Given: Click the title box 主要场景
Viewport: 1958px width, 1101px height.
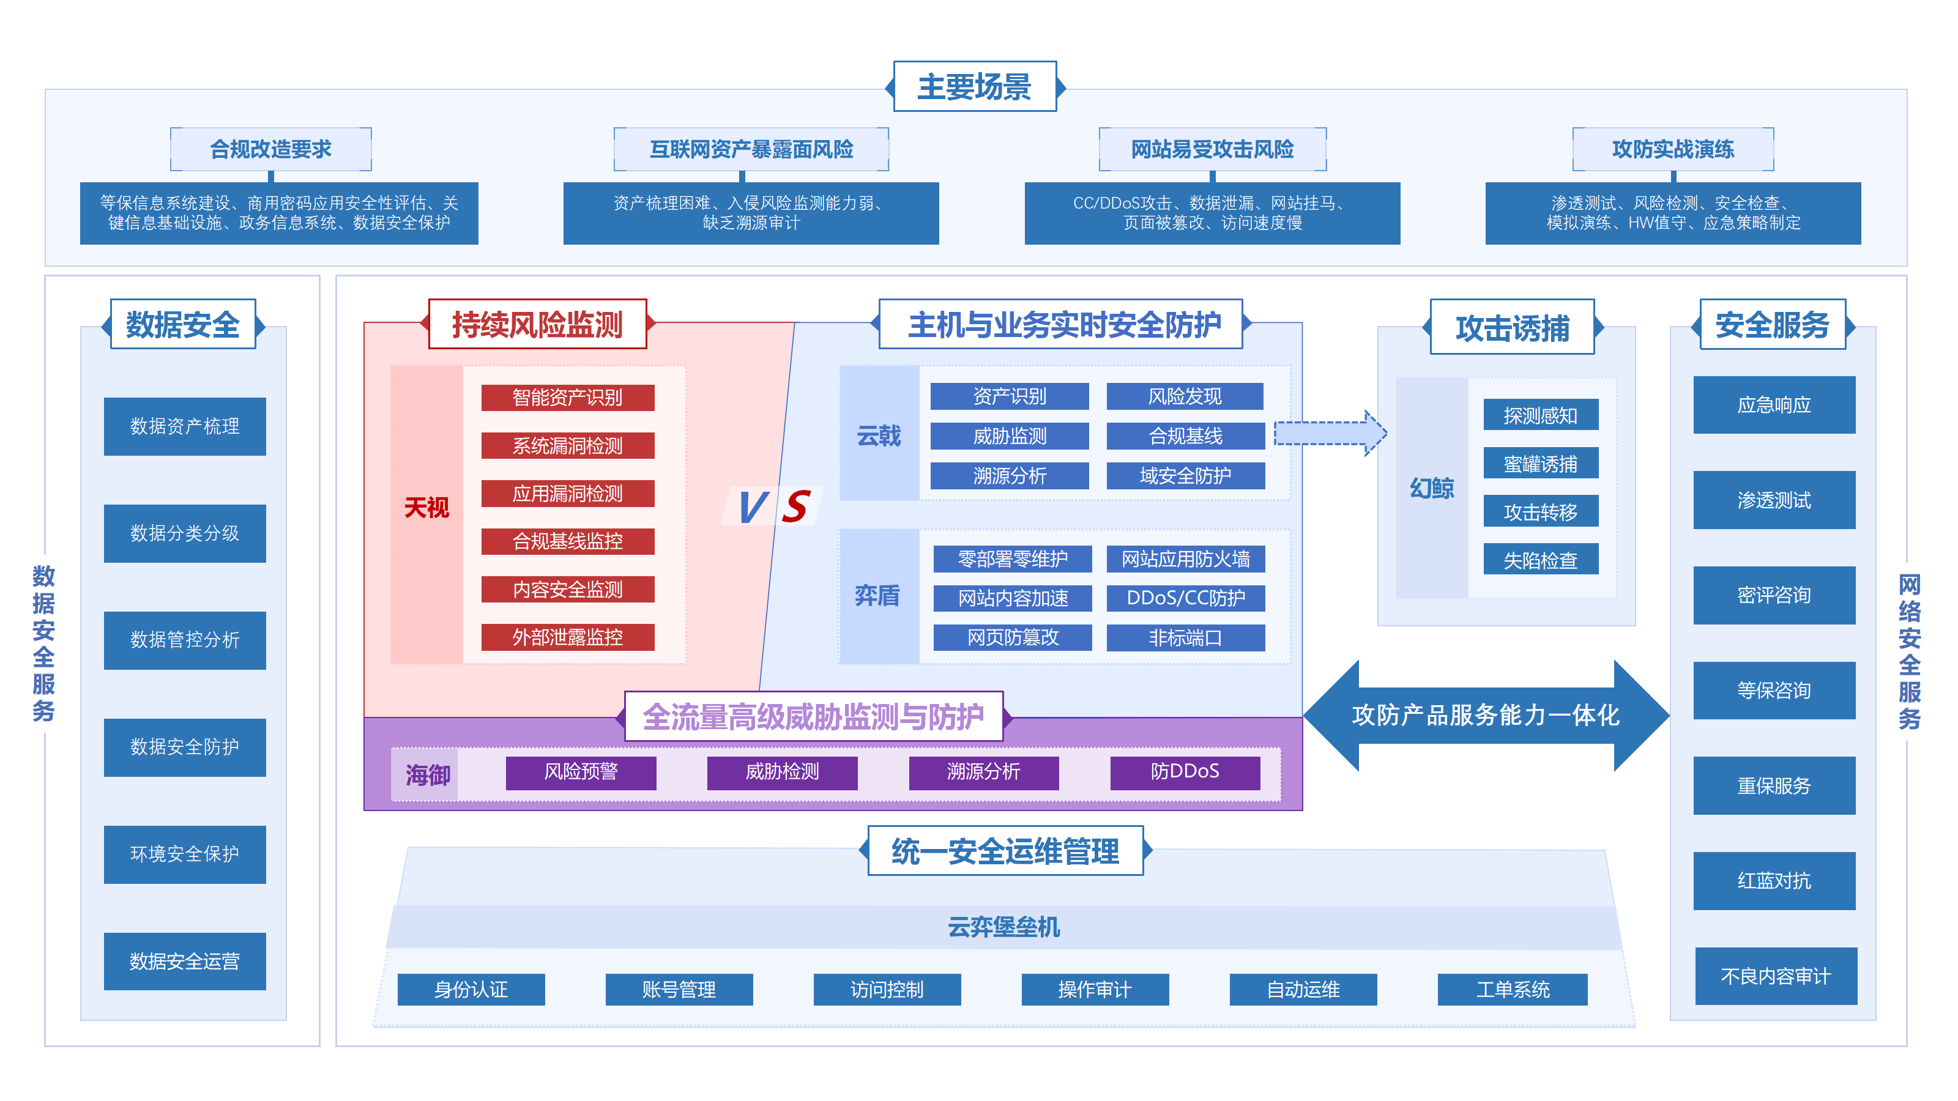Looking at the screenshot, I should point(975,87).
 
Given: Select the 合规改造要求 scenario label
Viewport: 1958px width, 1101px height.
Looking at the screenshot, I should point(270,149).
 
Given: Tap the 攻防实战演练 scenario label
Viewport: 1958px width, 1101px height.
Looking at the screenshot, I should point(1672,149).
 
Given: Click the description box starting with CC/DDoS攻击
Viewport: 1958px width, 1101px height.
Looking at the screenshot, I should point(1212,213).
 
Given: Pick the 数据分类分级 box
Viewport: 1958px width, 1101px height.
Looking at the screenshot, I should point(185,533).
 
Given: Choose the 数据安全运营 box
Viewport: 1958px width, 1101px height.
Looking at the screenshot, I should point(185,961).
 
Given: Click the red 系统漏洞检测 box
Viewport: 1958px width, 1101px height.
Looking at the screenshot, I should point(567,445).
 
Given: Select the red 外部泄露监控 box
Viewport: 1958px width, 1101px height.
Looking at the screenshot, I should point(567,637).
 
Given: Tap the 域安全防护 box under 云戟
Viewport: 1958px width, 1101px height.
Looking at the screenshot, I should point(1185,476).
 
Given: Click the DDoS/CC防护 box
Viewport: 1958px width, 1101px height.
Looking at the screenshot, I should point(1185,598).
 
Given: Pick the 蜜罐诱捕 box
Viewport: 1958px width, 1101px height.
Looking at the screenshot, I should point(1540,464).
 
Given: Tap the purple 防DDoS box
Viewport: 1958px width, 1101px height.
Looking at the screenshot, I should point(1184,772).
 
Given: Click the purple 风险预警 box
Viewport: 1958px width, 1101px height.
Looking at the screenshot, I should point(581,772).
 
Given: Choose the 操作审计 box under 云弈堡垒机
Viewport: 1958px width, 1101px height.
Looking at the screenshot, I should point(1095,989).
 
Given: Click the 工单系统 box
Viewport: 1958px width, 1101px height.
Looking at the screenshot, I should point(1512,989).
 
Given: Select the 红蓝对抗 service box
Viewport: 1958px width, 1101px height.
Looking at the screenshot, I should point(1773,881).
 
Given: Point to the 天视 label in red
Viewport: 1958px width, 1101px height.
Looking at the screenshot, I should point(426,508).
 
